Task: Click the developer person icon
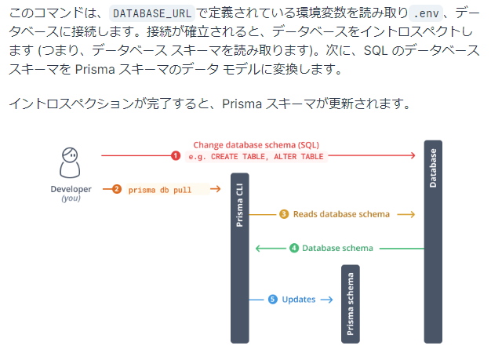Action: pyautogui.click(x=71, y=162)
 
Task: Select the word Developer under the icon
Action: pyautogui.click(x=71, y=189)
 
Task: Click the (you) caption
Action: pyautogui.click(x=71, y=199)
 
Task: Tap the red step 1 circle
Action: pyautogui.click(x=176, y=156)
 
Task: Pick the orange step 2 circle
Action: pyautogui.click(x=116, y=189)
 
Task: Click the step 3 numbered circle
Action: pyautogui.click(x=284, y=214)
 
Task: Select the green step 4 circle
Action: pyautogui.click(x=294, y=248)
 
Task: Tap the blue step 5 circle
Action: pyautogui.click(x=272, y=299)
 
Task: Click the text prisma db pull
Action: pyautogui.click(x=161, y=189)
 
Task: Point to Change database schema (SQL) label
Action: pyautogui.click(x=256, y=145)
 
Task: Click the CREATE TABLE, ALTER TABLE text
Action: pyautogui.click(x=256, y=157)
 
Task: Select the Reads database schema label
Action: pyautogui.click(x=341, y=214)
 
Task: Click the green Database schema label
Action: pyautogui.click(x=337, y=248)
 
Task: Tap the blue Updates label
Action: pyautogui.click(x=298, y=299)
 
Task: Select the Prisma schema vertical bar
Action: pyautogui.click(x=351, y=304)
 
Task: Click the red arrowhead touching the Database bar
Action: pyautogui.click(x=412, y=156)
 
